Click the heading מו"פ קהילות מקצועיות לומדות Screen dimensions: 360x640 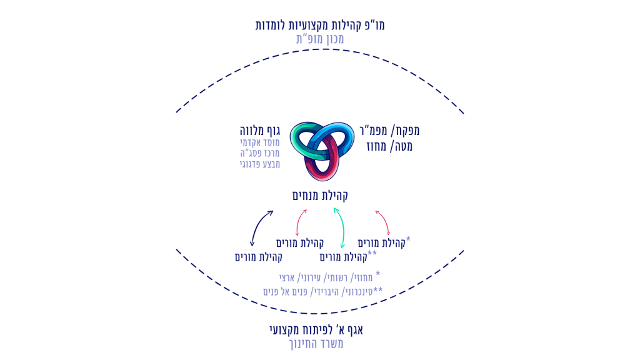click(320, 25)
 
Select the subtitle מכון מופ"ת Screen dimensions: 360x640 click(320, 39)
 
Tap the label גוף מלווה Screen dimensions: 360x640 click(259, 131)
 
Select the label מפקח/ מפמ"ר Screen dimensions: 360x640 click(389, 131)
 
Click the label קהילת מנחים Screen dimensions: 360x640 click(320, 196)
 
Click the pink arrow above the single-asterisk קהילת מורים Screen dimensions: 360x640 click(382, 222)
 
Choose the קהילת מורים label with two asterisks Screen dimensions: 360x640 click(347, 256)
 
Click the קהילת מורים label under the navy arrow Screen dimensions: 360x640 click(259, 257)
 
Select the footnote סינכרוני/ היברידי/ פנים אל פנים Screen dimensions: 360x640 click(322, 291)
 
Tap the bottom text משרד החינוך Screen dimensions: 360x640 click(320, 344)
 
